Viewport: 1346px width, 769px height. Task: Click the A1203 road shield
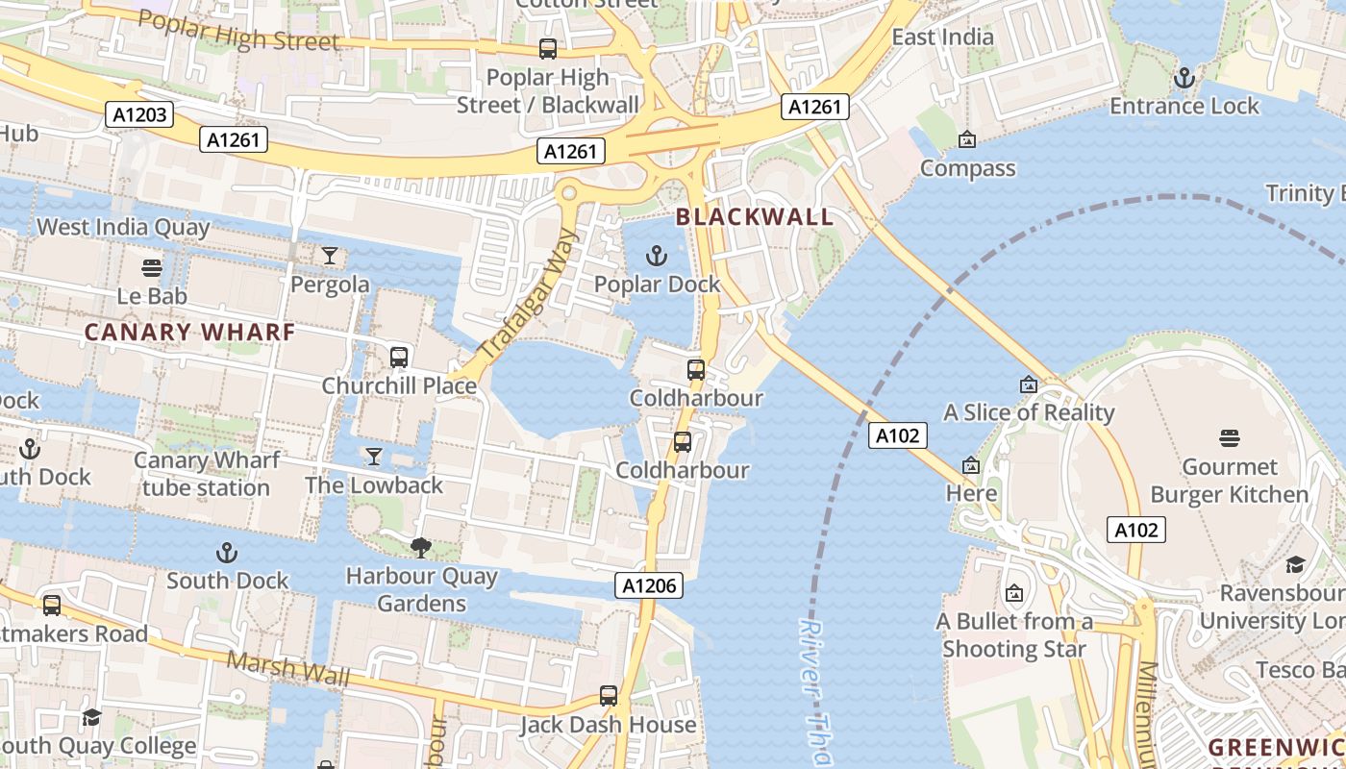[139, 115]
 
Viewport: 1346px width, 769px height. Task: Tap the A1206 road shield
[651, 585]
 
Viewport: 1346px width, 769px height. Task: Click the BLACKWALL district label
[755, 216]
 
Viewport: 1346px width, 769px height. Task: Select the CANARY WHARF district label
[189, 333]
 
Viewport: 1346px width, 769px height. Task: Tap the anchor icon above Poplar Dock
[656, 256]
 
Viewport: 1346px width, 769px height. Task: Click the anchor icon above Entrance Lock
[1184, 77]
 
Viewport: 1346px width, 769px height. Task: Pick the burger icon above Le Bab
[151, 267]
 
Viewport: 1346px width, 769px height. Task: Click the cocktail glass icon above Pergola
[330, 256]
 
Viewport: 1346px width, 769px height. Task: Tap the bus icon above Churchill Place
[399, 358]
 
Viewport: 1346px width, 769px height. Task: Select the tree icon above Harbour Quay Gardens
[420, 548]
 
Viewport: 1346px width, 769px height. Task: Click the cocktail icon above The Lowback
[374, 457]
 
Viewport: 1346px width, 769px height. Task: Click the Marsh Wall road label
[289, 668]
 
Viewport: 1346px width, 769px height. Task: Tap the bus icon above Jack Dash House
[608, 696]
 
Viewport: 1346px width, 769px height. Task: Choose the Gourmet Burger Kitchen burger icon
[1229, 439]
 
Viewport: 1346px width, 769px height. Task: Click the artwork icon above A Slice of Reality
[1029, 384]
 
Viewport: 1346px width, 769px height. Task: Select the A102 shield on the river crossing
[898, 435]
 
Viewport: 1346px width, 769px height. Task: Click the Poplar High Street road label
[238, 31]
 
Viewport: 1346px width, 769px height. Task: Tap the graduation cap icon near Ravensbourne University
[1295, 564]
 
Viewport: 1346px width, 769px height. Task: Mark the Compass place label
[967, 168]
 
